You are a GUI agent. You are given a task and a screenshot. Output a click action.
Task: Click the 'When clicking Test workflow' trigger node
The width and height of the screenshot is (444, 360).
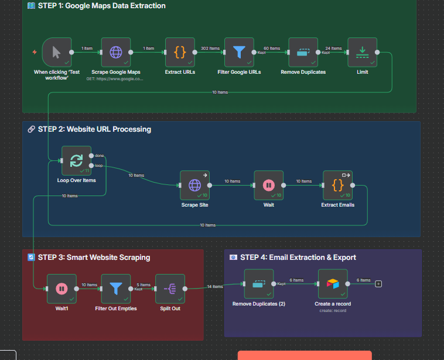coord(57,53)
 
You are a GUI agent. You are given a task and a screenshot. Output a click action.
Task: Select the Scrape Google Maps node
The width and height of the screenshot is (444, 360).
coord(116,53)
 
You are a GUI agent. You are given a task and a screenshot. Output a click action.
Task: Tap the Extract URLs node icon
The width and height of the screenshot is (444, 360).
coord(180,53)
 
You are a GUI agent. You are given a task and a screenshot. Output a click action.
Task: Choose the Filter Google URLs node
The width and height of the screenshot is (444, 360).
coord(239,53)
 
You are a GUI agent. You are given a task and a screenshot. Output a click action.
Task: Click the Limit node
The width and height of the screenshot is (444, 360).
coord(362,53)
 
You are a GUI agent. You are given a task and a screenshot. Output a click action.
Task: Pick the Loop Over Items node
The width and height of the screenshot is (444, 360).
coord(76,160)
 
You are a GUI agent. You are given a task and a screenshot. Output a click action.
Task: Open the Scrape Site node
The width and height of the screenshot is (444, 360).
coord(195,186)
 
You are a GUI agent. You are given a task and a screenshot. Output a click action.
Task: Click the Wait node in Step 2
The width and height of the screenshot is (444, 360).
coord(269,186)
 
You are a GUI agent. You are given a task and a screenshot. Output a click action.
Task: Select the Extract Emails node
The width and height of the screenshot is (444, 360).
coord(338,186)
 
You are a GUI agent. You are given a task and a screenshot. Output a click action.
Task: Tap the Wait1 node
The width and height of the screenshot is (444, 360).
coord(62,289)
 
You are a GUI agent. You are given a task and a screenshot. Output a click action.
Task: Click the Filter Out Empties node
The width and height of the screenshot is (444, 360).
coord(116,289)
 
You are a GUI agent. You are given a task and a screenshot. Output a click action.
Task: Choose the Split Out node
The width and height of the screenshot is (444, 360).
coord(170,289)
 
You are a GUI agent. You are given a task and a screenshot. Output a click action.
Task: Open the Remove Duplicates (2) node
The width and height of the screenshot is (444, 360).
coord(259,284)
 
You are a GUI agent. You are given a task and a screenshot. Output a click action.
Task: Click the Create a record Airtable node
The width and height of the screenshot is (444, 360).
coord(333,284)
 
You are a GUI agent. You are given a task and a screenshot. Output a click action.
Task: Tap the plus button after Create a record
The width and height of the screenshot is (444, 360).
coord(378,284)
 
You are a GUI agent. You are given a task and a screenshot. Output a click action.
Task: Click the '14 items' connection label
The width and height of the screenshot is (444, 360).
coord(215,286)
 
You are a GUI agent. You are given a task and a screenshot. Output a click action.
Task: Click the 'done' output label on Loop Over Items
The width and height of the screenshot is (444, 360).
coord(99,155)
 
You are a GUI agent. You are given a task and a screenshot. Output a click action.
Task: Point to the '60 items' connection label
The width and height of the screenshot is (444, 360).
coord(271,49)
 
